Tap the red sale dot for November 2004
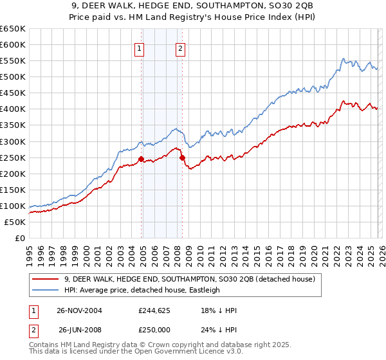tap(141, 159)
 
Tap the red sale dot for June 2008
tap(182, 157)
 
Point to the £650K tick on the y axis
tap(13, 29)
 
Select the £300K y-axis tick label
tap(13, 141)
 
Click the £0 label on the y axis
tap(19, 238)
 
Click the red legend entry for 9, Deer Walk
tap(189, 279)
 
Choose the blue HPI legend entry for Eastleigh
tap(142, 290)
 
